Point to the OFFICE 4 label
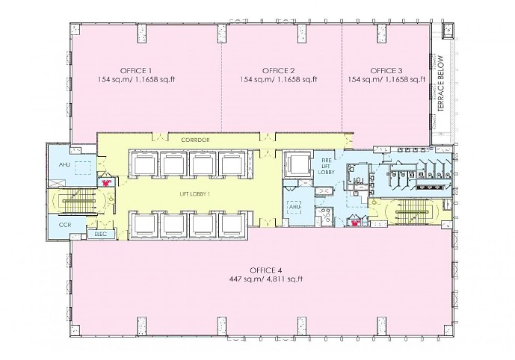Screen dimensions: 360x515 coord(266,269)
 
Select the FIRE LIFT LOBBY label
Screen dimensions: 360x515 coord(327,166)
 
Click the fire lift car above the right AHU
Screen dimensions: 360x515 coord(299,164)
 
